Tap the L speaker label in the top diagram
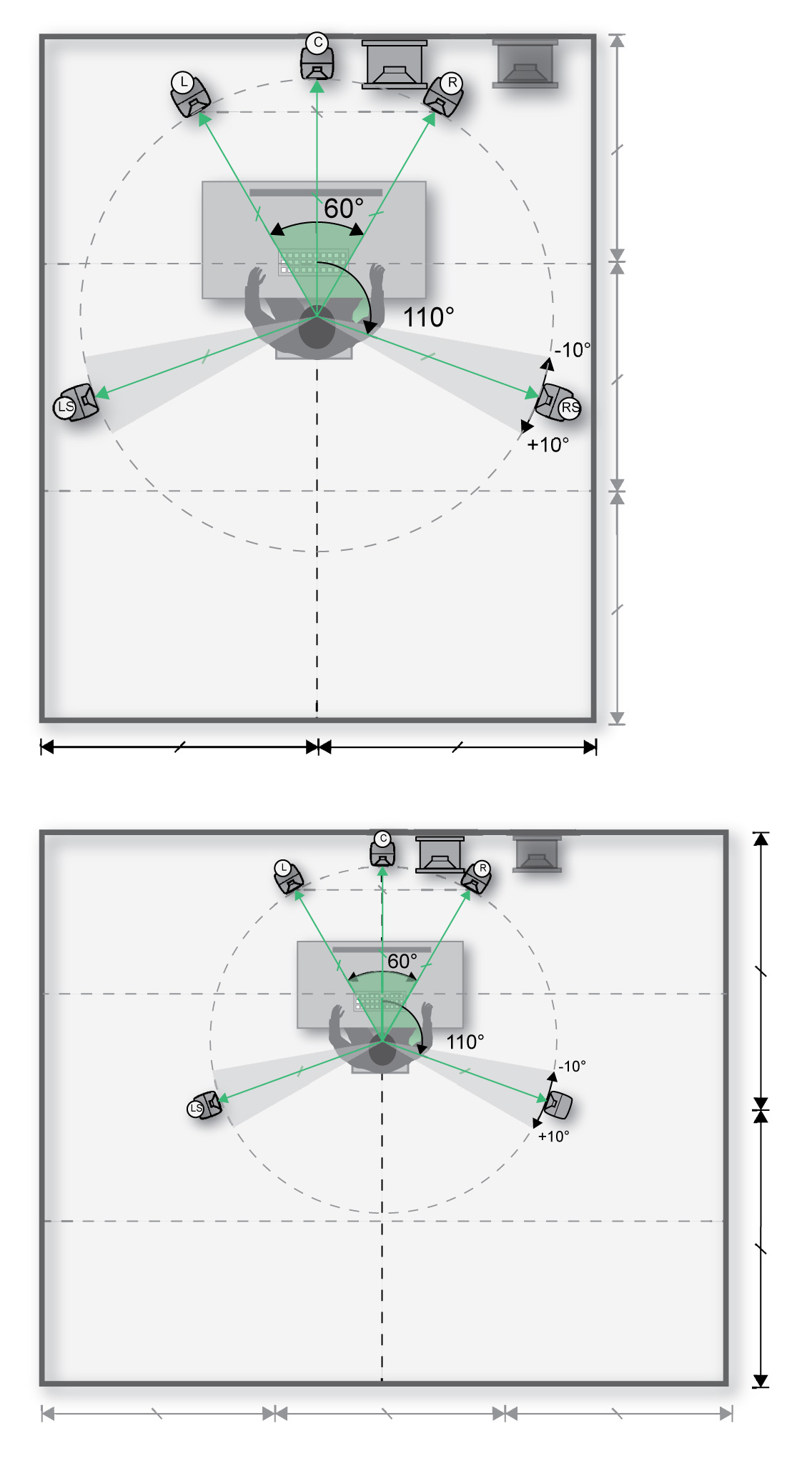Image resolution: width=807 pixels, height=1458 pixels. point(184,82)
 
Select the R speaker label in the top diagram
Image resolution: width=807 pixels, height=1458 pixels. point(452,83)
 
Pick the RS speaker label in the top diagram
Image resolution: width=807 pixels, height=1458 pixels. point(570,408)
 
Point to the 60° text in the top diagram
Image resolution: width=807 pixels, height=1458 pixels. point(344,209)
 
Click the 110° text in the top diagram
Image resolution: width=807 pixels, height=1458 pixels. point(428,317)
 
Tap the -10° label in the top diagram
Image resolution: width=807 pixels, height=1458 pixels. point(573,350)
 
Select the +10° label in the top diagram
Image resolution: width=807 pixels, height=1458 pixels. point(548,444)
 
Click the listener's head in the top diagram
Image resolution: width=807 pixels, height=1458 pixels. point(317,332)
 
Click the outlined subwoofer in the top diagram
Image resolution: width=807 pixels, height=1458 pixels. point(394,65)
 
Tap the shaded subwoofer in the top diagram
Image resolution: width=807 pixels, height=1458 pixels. point(525,64)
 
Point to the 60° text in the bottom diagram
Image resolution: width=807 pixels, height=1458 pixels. point(402,962)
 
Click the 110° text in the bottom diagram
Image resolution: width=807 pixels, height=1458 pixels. point(465,1042)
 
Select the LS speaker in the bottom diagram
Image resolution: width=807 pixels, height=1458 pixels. point(204,1106)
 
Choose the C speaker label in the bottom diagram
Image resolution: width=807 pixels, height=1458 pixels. point(383,839)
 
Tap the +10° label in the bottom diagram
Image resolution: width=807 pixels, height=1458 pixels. point(553,1136)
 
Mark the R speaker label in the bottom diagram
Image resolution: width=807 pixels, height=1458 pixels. point(482,868)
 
